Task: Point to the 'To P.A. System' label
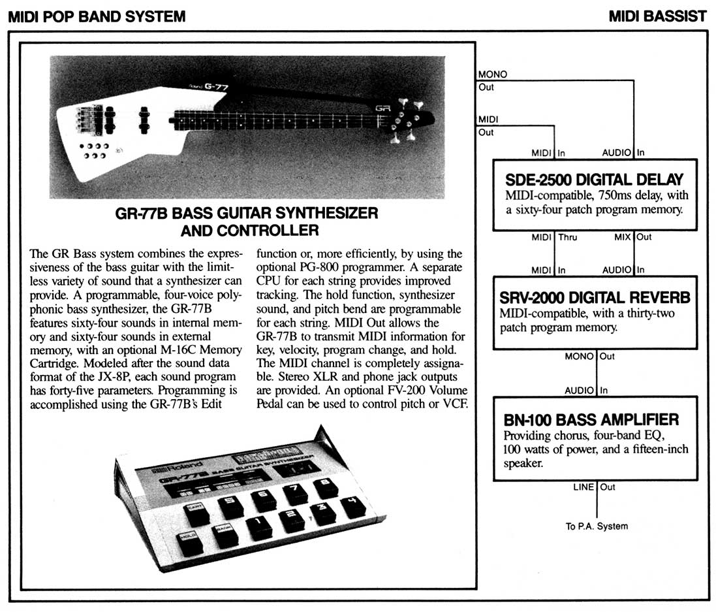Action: [x=597, y=526]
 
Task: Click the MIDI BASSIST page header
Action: [x=657, y=16]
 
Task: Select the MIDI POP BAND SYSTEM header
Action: [x=97, y=16]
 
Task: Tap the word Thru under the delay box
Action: [x=568, y=237]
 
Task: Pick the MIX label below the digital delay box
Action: [x=622, y=237]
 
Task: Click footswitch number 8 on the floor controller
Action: [x=324, y=488]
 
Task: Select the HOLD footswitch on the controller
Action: [x=191, y=541]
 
